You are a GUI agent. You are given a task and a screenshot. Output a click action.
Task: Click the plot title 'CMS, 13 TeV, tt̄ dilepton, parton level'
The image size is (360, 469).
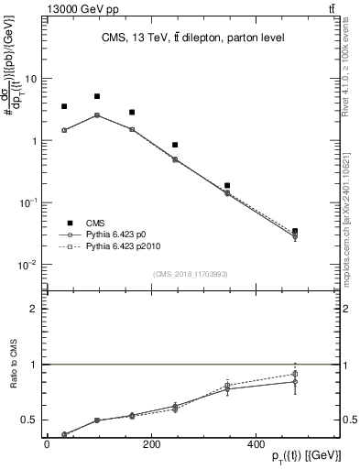tap(191, 38)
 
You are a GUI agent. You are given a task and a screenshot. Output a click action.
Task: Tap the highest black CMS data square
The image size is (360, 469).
tap(97, 96)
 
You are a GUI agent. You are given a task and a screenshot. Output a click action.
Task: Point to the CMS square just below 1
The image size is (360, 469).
tap(175, 145)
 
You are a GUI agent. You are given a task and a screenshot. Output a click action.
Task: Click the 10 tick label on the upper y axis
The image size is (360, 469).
tap(30, 79)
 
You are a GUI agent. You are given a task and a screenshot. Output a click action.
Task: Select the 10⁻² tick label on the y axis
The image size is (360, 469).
tap(27, 265)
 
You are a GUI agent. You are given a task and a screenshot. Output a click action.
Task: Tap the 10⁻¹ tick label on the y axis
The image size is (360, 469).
tap(27, 202)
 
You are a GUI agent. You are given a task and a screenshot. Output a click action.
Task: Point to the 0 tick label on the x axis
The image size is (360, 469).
tap(47, 443)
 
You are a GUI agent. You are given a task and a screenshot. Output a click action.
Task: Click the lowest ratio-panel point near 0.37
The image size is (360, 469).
tap(64, 434)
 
